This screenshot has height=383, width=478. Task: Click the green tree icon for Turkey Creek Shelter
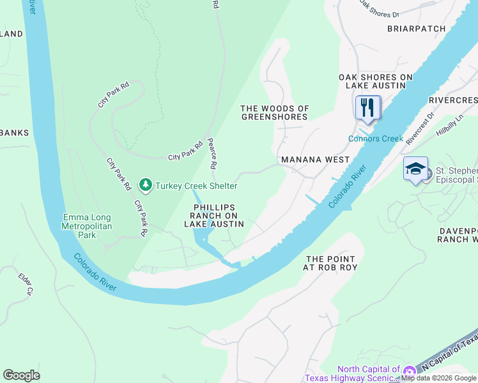click(146, 185)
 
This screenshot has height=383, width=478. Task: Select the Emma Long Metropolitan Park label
click(88, 227)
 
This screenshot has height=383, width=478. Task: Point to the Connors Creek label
click(376, 139)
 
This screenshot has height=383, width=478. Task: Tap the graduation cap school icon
click(415, 169)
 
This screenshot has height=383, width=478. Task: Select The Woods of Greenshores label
click(275, 113)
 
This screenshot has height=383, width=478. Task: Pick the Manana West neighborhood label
click(315, 160)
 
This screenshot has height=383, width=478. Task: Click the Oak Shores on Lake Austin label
click(376, 81)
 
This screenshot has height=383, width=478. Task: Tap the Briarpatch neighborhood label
click(415, 29)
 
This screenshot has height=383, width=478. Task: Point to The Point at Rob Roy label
click(330, 263)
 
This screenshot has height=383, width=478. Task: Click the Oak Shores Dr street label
click(379, 9)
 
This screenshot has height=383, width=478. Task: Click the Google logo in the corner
click(21, 375)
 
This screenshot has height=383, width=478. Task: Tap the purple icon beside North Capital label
click(409, 371)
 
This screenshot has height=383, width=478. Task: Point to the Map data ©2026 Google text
click(439, 379)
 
